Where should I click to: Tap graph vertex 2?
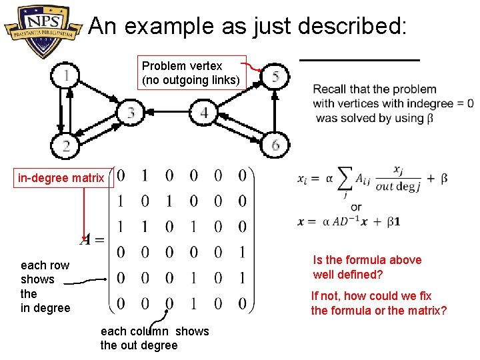coord(65,145)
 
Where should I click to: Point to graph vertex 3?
coord(131,112)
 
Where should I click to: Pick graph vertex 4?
coord(204,112)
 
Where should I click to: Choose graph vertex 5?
coord(275,77)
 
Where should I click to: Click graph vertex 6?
coord(275,144)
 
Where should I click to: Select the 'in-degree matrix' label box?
coord(61,178)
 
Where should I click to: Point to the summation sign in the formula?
coord(346,179)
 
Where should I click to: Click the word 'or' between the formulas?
coord(356,207)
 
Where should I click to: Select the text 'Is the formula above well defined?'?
coord(367,267)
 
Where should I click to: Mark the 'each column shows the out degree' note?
coord(155,338)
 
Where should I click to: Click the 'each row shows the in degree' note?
coord(45,286)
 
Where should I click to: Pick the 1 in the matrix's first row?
coord(145,176)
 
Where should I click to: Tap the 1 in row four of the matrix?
coord(242,252)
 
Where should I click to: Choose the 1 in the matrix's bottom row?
coord(193,304)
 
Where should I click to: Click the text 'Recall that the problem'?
coord(375,89)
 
